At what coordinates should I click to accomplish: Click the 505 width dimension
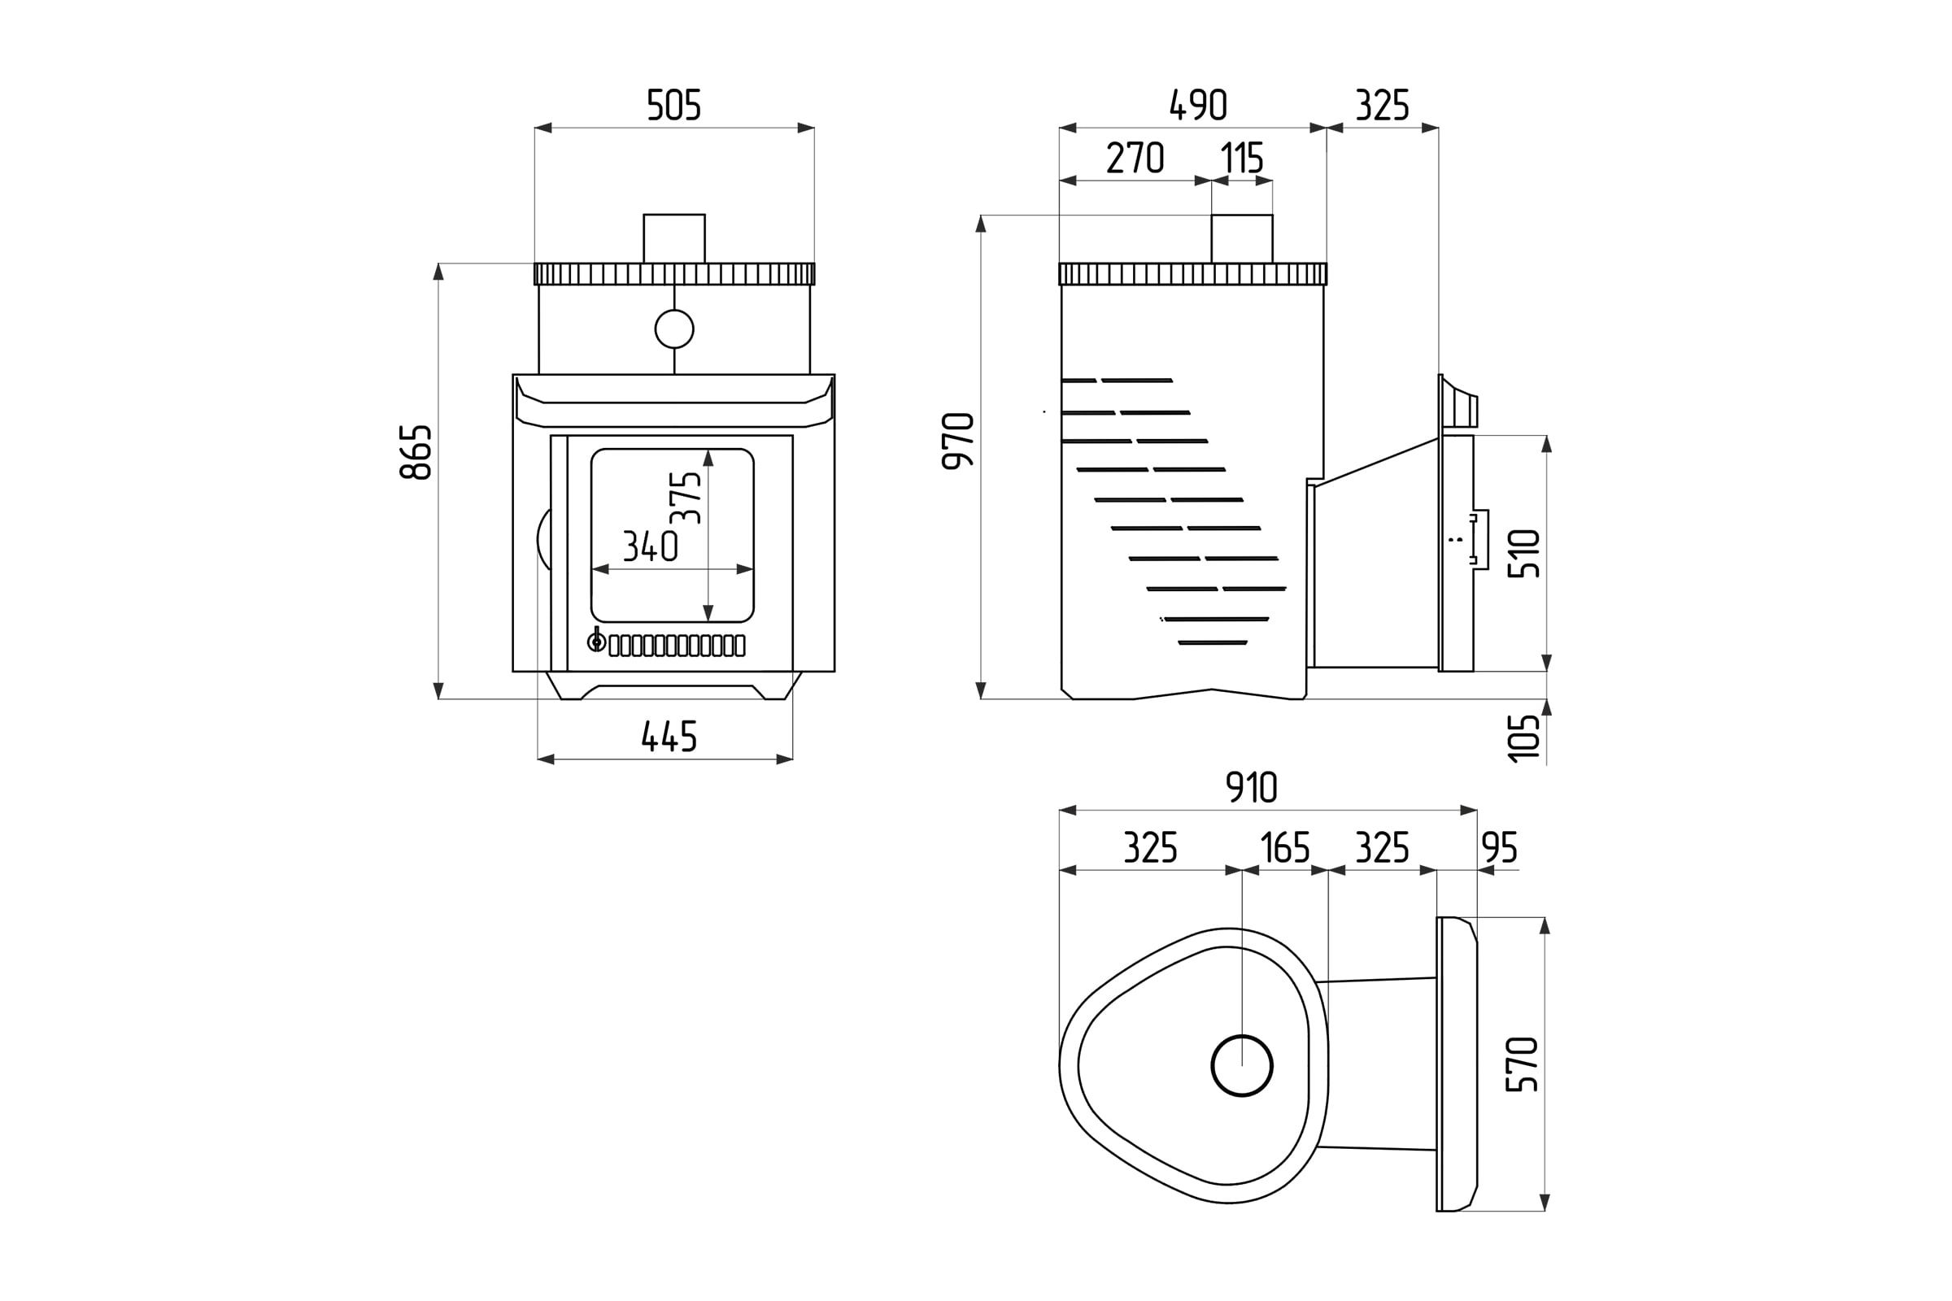pos(674,106)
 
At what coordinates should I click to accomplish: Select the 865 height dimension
pos(416,452)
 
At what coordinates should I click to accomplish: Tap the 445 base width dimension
pos(669,736)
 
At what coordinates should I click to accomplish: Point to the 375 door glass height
pos(686,498)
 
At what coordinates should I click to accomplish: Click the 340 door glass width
pos(651,546)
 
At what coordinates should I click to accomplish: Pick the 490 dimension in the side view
pos(1197,106)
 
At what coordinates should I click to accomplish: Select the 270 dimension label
pos(1135,158)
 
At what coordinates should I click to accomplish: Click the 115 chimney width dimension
pos(1242,158)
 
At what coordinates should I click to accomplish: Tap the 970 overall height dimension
pos(959,441)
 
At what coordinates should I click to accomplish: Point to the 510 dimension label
pos(1523,554)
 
